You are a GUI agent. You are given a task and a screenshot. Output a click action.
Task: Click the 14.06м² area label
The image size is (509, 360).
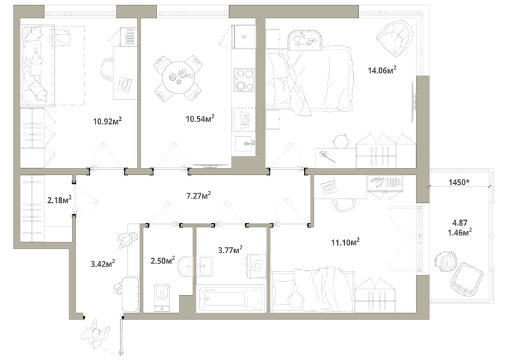382,70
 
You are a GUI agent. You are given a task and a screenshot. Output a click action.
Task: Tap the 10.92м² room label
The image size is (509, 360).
108,121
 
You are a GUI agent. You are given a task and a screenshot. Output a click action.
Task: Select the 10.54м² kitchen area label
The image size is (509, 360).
200,118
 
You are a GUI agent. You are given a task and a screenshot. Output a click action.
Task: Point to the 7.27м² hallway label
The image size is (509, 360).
199,195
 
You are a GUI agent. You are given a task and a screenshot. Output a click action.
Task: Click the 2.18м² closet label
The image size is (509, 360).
59,200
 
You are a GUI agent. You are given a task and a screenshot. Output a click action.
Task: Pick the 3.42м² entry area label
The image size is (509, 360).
102,263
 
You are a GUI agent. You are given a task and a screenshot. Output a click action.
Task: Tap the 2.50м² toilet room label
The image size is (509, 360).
163,260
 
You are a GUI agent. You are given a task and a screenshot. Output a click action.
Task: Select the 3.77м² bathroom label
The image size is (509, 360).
230,249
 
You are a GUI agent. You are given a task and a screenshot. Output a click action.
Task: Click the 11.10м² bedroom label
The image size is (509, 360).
345,242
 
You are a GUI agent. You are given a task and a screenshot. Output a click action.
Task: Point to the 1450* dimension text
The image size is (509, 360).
459,183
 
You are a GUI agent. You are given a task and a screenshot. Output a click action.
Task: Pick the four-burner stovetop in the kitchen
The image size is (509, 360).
244,80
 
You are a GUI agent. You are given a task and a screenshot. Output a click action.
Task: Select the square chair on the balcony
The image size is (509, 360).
466,279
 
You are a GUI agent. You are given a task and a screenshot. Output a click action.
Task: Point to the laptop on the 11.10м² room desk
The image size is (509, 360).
329,187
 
